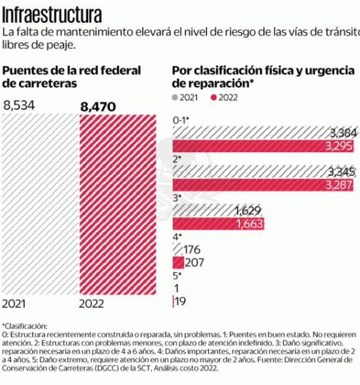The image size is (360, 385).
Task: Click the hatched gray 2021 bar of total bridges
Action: click(x=39, y=205)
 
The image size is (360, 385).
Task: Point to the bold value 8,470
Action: click(x=98, y=107)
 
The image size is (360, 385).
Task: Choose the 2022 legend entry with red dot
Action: click(x=224, y=97)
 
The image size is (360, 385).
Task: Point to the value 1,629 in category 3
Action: click(x=248, y=211)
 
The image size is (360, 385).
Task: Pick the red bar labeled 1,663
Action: click(x=218, y=224)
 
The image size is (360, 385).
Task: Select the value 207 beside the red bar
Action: click(x=195, y=263)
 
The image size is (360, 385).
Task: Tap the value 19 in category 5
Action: click(x=181, y=301)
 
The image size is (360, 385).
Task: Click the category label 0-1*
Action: click(x=180, y=120)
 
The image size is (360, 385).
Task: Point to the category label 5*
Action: click(x=177, y=275)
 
